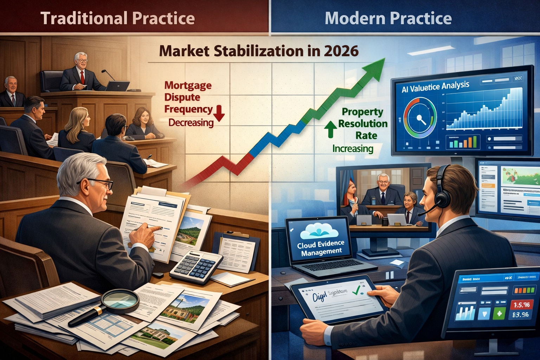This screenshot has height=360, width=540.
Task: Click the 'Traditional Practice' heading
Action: click(117, 18)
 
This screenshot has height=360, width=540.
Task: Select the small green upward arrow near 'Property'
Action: click(330, 129)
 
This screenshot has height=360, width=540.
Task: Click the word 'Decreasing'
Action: click(191, 123)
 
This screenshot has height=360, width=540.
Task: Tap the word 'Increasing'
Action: click(353, 149)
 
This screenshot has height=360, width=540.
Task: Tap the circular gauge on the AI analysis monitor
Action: click(420, 118)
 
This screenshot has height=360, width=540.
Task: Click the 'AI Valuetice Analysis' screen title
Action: click(435, 86)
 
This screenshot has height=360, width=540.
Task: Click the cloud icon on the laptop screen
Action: click(319, 230)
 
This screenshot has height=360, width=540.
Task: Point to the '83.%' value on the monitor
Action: click(520, 315)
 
